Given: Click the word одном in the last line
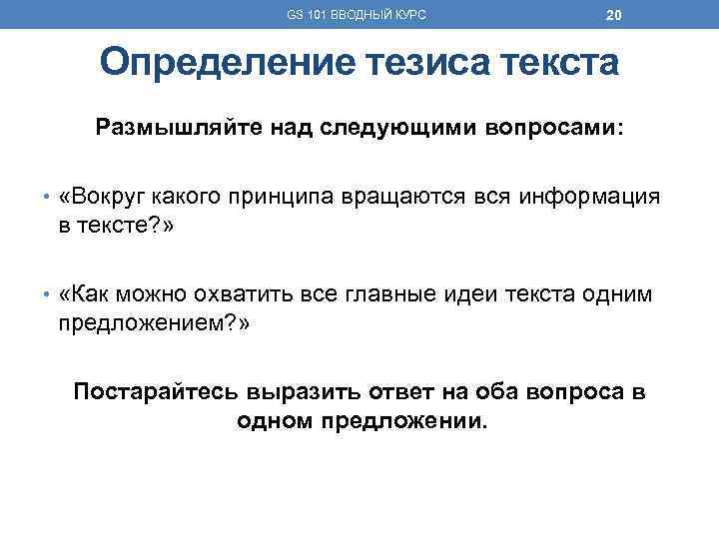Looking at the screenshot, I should [276, 419].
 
